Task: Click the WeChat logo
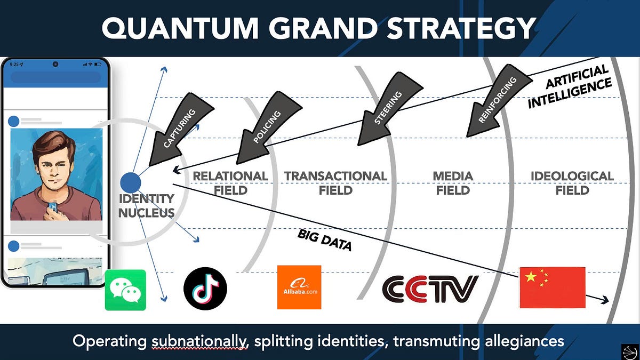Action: (x=125, y=290)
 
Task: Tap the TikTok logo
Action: (x=205, y=289)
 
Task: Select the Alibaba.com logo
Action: (x=299, y=287)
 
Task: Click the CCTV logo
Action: (x=430, y=289)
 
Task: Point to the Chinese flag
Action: (x=553, y=287)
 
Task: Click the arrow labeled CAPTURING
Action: (x=180, y=129)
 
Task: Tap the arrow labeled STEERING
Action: (x=389, y=109)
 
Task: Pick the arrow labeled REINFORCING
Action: (x=499, y=101)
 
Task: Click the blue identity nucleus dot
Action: (x=131, y=182)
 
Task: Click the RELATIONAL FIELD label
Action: (x=230, y=183)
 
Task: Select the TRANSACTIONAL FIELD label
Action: (x=335, y=183)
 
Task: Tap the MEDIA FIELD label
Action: (x=453, y=183)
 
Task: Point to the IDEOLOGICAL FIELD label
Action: (x=572, y=183)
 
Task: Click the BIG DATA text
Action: (x=325, y=240)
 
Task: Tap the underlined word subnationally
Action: (x=199, y=341)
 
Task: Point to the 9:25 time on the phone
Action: (x=14, y=65)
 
